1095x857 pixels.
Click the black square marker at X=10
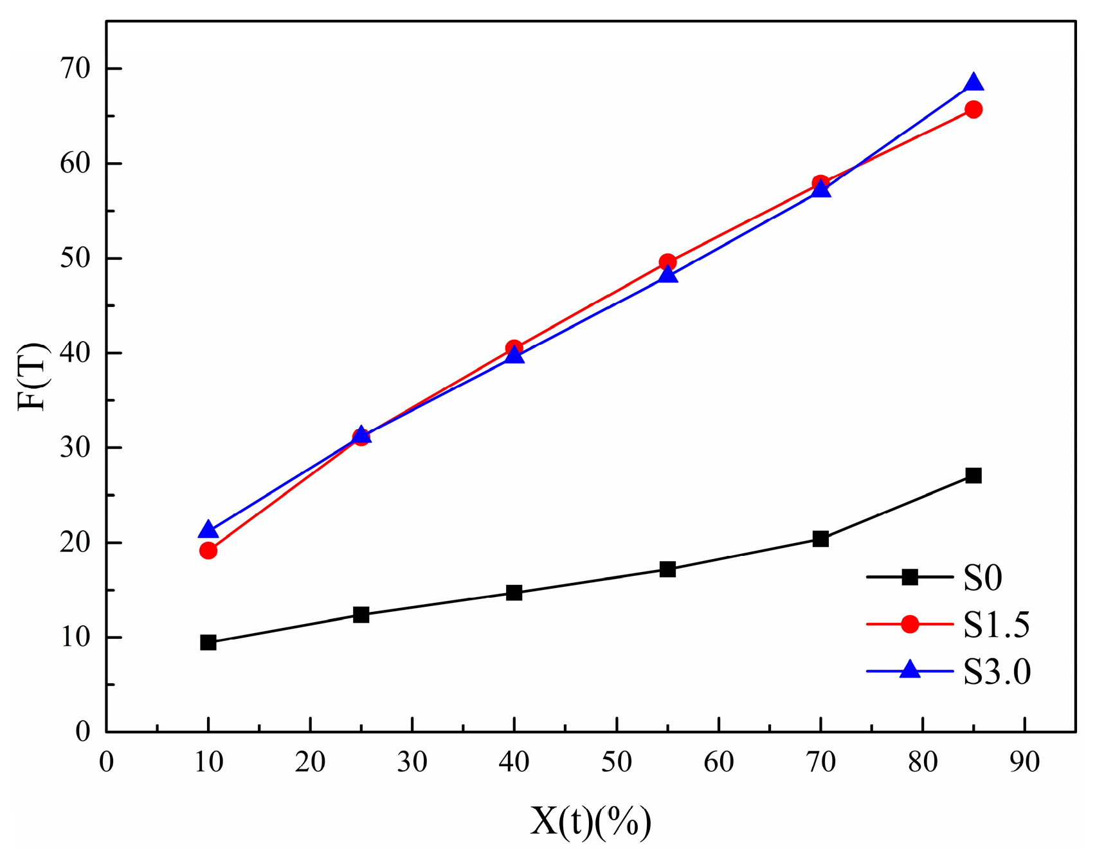point(208,642)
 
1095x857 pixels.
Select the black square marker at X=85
point(973,475)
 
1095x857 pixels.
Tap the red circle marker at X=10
point(208,550)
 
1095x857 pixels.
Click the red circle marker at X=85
point(973,109)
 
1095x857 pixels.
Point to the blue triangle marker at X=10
point(208,530)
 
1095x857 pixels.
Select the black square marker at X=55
point(667,569)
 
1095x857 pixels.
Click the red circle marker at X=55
point(667,262)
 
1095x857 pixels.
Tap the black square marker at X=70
point(820,539)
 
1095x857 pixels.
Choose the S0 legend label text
point(982,578)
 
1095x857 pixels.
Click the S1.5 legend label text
point(996,625)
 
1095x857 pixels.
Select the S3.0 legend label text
point(997,672)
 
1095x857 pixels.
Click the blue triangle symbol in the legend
point(909,670)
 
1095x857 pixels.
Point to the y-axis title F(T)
point(32,376)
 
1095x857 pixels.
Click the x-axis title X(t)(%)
point(590,822)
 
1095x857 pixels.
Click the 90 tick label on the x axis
point(1024,762)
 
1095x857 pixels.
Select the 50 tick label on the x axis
point(616,762)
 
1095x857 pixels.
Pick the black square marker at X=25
point(361,614)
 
